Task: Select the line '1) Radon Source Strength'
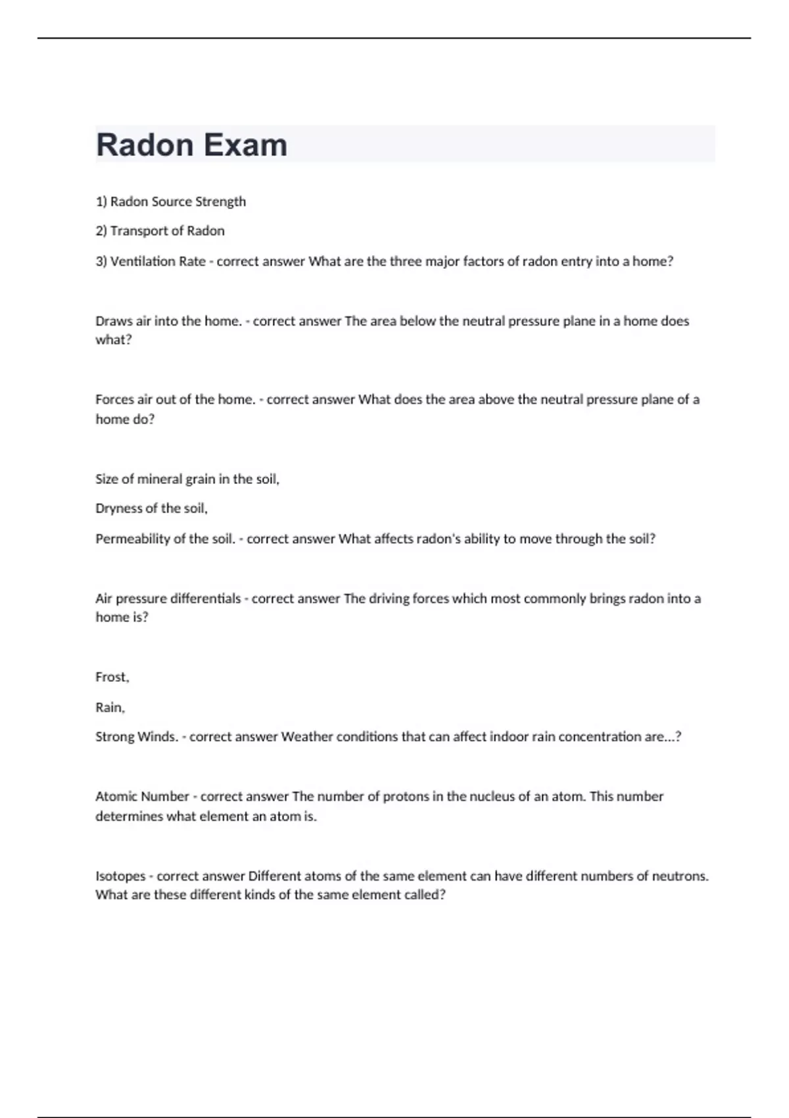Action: tap(171, 202)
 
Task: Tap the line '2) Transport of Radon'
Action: tap(160, 231)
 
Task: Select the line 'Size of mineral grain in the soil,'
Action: tap(187, 479)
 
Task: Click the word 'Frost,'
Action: tap(112, 677)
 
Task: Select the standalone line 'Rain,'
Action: tap(110, 707)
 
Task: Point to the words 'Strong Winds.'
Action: tap(137, 737)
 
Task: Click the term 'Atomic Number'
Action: tap(142, 796)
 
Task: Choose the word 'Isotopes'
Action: tap(120, 876)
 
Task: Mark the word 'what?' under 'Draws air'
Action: tap(114, 340)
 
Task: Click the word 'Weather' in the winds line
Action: tap(306, 737)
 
